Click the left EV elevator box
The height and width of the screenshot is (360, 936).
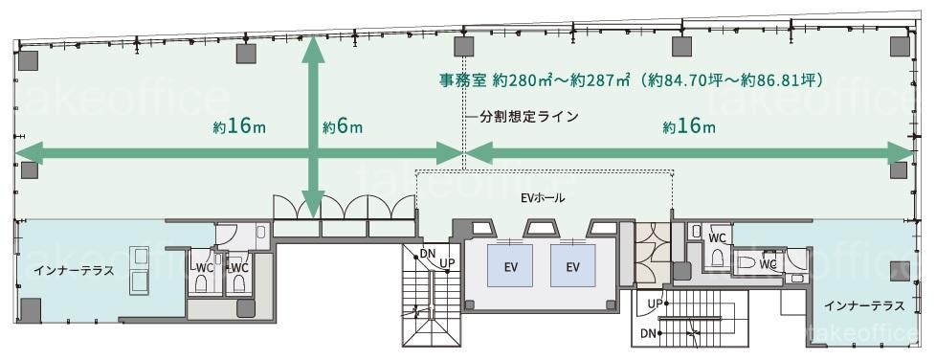[x=510, y=265]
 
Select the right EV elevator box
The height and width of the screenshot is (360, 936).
[x=573, y=265]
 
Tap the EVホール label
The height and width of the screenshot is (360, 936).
[x=542, y=198]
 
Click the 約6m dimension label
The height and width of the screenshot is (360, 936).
[x=343, y=127]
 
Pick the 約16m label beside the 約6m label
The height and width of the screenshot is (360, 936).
[x=239, y=127]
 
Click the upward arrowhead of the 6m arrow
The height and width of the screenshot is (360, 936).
[x=313, y=49]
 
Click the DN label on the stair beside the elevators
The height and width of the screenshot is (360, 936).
[x=428, y=254]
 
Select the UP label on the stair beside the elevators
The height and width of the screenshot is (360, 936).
[x=447, y=261]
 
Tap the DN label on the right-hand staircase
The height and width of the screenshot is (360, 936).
[x=650, y=332]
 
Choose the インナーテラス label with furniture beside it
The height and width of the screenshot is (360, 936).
[x=74, y=270]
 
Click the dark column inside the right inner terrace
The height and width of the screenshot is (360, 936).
[x=900, y=271]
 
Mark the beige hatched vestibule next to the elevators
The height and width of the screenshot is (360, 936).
[x=653, y=253]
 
